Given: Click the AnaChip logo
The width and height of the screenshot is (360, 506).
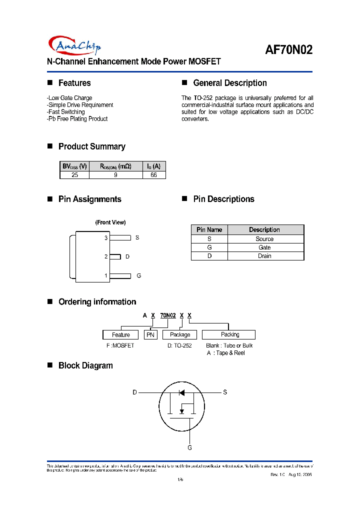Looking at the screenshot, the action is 74,45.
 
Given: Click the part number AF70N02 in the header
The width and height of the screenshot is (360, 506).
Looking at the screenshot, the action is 289,50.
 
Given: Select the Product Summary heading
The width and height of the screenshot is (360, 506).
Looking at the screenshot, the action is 91,146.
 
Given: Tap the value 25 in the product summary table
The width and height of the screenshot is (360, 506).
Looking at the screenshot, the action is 74,175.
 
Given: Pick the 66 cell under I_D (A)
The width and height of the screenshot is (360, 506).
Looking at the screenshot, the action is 153,175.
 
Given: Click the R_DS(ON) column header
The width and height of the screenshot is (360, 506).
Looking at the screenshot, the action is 115,166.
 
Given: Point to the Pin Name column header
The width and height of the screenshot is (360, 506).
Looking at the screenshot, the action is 209,229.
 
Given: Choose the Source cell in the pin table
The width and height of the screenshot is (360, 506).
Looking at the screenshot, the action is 264,239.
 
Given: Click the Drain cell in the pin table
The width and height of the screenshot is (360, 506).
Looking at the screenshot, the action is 264,256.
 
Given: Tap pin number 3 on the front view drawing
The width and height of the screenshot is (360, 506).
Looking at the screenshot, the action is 106,238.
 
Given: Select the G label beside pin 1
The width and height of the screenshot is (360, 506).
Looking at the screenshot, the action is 138,275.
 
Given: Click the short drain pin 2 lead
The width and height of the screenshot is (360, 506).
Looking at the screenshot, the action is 115,256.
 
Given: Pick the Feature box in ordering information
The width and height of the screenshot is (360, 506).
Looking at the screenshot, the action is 121,334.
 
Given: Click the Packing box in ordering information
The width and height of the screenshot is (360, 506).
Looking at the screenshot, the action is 230,334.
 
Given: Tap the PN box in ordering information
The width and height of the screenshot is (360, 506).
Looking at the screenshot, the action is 150,334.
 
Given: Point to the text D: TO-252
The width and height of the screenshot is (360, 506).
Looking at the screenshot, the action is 179,345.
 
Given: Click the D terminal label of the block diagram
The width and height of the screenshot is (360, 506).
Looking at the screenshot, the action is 134,392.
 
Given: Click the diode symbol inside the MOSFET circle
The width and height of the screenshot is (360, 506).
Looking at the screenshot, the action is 182,392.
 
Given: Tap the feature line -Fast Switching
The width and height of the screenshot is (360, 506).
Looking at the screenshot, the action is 66,112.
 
